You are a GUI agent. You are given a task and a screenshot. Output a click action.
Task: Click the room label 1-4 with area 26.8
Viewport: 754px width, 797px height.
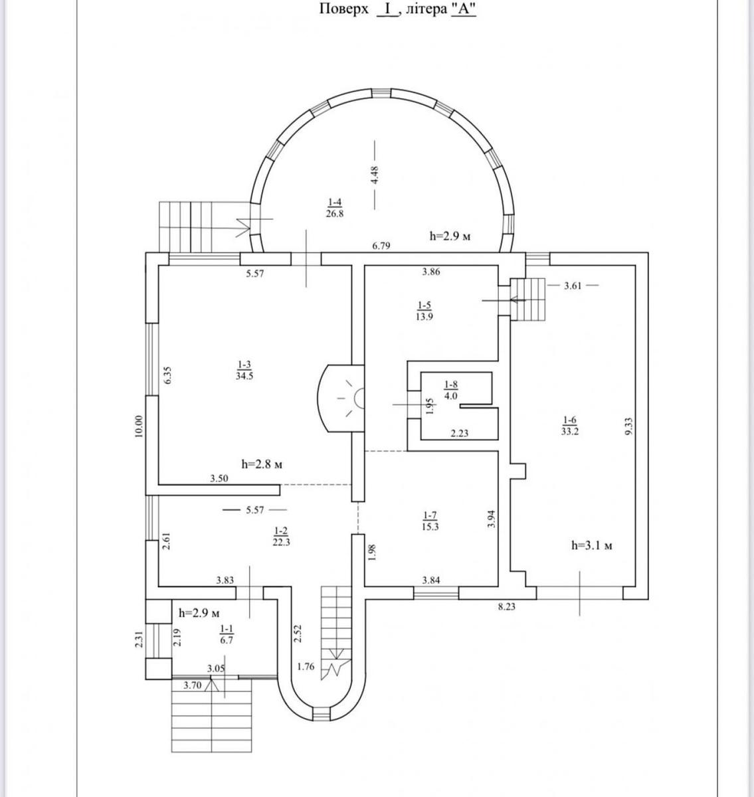coord(335,208)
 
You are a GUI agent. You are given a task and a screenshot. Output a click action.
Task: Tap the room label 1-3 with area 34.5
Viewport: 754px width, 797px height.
coord(244,370)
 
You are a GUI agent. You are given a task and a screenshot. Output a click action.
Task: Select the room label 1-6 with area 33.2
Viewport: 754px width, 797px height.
coord(570,426)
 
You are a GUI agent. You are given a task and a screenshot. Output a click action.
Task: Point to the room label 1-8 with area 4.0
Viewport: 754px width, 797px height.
coord(451,390)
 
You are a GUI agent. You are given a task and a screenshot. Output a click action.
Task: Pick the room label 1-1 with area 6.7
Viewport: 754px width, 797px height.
coord(227,634)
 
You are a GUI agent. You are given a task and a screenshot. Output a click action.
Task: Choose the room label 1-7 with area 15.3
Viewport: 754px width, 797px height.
coord(430,521)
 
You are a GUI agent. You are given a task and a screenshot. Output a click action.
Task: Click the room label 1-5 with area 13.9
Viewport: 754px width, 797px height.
coord(424,311)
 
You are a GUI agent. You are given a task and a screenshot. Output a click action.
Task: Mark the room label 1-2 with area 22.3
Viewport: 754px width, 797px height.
coord(281,537)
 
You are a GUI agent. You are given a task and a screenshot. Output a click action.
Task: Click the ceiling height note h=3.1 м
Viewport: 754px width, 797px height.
coord(592,546)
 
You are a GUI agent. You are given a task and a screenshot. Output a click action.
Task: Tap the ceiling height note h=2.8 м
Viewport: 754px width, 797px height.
coord(262,464)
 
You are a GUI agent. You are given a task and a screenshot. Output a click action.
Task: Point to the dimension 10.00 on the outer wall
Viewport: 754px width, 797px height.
coord(139,426)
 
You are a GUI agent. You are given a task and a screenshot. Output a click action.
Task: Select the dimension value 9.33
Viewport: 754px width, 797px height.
coord(628,426)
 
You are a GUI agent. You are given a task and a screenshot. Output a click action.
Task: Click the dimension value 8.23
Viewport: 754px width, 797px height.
coord(507,607)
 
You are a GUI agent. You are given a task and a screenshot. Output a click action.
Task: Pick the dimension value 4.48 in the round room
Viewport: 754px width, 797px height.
coord(375,175)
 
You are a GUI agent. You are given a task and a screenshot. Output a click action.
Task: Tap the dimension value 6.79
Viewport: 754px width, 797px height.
coord(381,246)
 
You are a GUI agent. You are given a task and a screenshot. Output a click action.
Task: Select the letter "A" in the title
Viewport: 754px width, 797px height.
coord(463,9)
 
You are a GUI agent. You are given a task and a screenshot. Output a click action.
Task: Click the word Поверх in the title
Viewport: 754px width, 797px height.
coord(344,9)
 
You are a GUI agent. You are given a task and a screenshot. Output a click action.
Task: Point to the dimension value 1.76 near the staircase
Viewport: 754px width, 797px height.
coord(306,666)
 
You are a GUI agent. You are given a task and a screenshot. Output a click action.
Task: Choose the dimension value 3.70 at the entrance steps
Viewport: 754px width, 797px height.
coord(192,685)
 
